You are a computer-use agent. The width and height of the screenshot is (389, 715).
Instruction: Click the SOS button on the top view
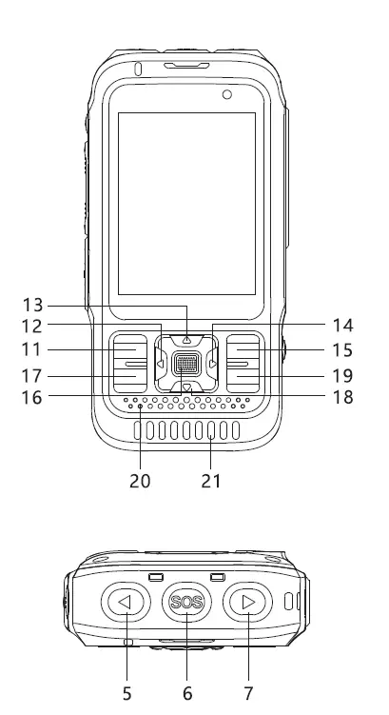point(186,602)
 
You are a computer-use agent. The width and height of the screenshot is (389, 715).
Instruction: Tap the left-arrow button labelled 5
point(126,602)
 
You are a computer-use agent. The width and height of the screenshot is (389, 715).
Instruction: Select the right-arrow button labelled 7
point(247,602)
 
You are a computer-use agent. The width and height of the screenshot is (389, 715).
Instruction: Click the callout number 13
point(32,305)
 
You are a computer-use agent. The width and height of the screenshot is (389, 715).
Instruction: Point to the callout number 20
point(140,481)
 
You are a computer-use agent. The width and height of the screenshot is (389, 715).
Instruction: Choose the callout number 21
point(211,481)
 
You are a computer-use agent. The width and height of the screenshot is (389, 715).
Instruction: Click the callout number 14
point(343,326)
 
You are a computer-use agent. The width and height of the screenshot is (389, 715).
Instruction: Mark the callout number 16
point(32,397)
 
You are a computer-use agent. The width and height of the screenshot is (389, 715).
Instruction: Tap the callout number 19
point(343,376)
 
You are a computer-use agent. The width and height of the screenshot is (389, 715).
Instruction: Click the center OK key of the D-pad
point(186,364)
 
